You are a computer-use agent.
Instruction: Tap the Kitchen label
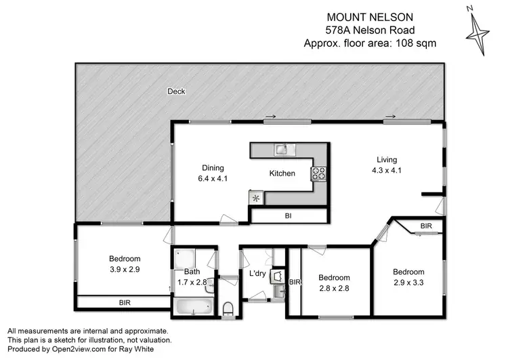point(282,174)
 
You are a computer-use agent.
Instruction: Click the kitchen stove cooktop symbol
point(318,174)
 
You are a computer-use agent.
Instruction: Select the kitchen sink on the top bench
point(282,148)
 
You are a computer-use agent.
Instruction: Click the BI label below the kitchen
point(289,216)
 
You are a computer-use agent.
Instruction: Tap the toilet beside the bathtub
point(228,309)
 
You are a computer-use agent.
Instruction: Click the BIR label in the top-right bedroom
point(426,225)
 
